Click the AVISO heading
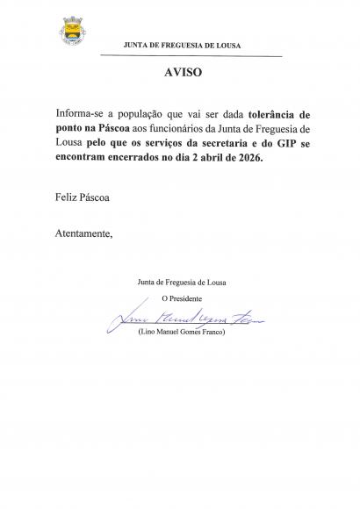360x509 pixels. tap(183, 73)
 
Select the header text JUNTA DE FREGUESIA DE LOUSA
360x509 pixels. tap(183, 45)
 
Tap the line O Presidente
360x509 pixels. tap(181, 298)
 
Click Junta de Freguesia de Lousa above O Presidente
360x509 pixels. tap(181, 282)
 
